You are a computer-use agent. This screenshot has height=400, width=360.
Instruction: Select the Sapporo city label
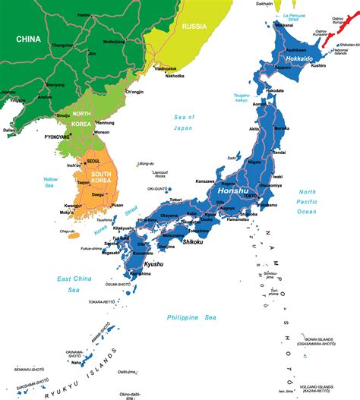[x=284, y=68]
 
